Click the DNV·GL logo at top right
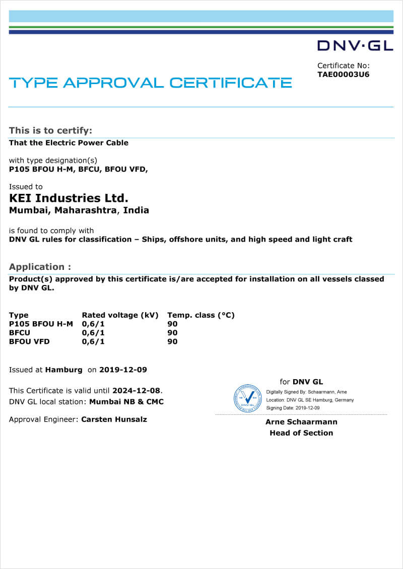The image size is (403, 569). click(x=355, y=46)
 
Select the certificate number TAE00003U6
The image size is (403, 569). click(x=344, y=75)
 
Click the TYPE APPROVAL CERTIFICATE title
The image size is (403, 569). click(x=151, y=83)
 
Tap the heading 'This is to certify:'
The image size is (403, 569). click(x=50, y=130)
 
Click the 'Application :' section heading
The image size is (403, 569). click(x=40, y=266)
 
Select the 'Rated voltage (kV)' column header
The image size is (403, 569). click(x=120, y=315)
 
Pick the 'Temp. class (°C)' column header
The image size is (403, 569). click(x=201, y=315)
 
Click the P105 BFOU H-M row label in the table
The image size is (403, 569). click(x=41, y=324)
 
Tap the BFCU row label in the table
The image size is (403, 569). click(x=20, y=333)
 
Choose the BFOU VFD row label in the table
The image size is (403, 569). click(x=29, y=341)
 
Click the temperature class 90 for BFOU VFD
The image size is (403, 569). click(x=172, y=341)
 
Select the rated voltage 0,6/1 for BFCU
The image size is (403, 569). click(x=93, y=333)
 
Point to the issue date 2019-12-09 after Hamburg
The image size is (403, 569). click(x=123, y=370)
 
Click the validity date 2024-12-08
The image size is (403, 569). click(x=137, y=390)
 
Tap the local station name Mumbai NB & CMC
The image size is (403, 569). click(x=126, y=401)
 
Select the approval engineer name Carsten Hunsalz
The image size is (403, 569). click(x=114, y=419)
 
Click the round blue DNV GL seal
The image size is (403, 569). click(x=248, y=398)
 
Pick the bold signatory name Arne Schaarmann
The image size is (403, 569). click(x=301, y=422)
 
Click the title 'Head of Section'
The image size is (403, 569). click(x=301, y=433)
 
